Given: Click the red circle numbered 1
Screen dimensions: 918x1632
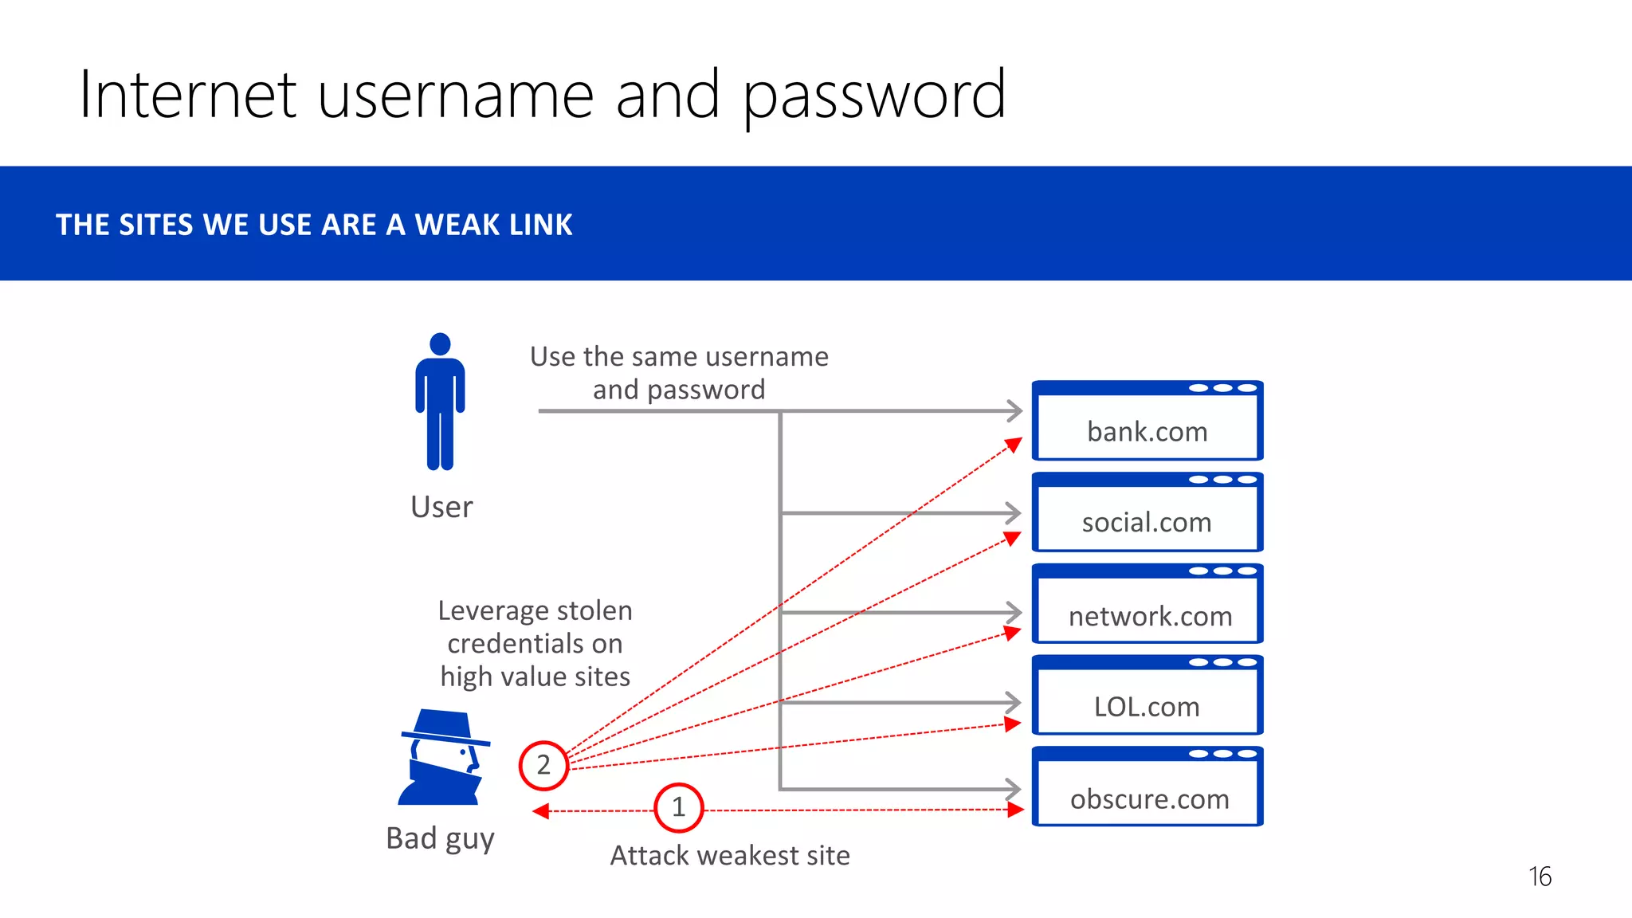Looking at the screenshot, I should click(678, 807).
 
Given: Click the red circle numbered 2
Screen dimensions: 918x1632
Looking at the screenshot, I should click(543, 765).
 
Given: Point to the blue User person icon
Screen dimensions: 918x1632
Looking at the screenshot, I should click(440, 402).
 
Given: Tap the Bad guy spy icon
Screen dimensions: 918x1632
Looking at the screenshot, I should click(443, 757).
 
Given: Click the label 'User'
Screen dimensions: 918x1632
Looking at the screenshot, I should click(441, 507).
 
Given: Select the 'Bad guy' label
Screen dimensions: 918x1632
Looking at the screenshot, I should click(440, 839).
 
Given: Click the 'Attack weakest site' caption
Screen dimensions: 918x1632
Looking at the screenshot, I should click(730, 855).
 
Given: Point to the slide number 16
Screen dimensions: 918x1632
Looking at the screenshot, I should click(1540, 877).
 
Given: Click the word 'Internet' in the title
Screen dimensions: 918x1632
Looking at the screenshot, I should click(188, 96).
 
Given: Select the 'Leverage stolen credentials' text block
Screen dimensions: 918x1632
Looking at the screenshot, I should click(535, 643).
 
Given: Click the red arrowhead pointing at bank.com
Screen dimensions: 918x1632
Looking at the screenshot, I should click(1014, 444).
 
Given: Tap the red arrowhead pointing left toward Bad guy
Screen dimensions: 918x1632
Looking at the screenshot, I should click(541, 811).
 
